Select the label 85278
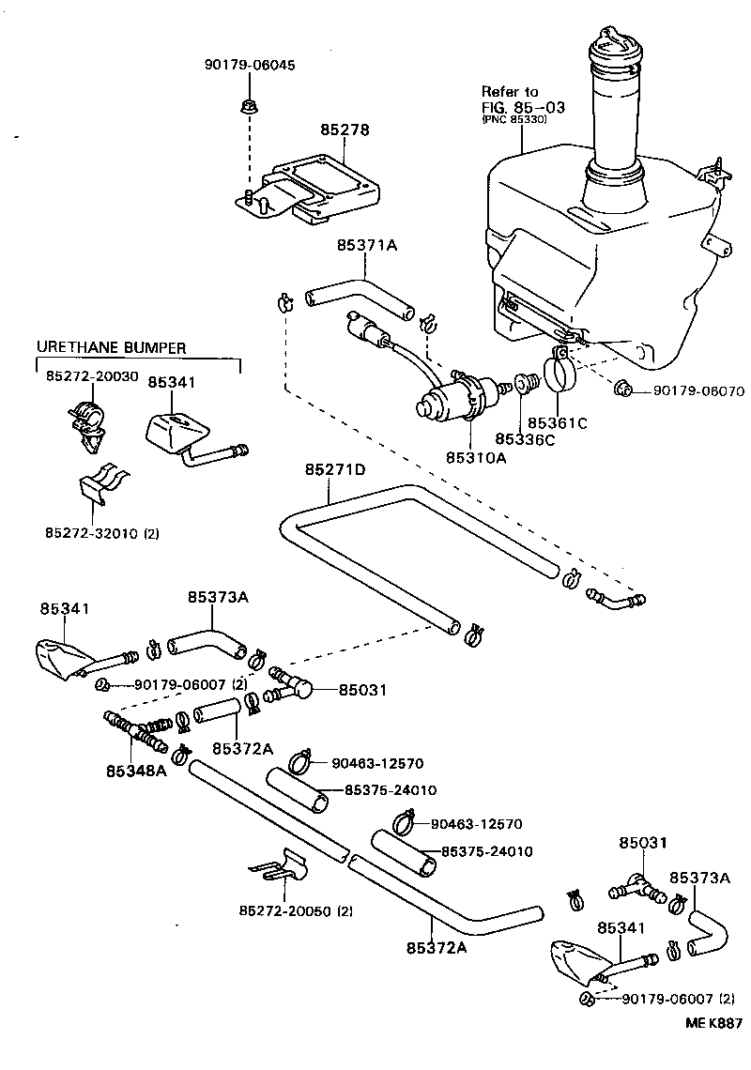click(x=344, y=130)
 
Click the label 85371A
click(x=367, y=246)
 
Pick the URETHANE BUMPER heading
click(x=111, y=347)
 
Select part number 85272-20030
click(x=91, y=375)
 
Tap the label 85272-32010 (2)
click(x=102, y=532)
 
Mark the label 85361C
click(x=557, y=423)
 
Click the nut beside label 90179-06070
click(x=622, y=388)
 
